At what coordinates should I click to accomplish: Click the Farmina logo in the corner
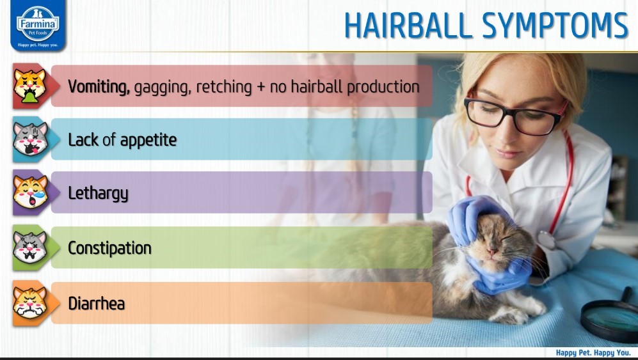click(x=38, y=25)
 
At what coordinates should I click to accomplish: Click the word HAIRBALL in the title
click(x=408, y=26)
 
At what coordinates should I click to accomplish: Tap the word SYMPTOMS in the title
click(x=555, y=26)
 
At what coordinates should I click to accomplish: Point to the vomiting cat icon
click(x=29, y=86)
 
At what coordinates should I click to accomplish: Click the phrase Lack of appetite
click(x=122, y=140)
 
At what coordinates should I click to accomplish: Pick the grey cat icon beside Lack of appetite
click(x=30, y=139)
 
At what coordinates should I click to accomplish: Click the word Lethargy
click(x=98, y=194)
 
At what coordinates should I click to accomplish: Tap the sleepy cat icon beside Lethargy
click(x=30, y=192)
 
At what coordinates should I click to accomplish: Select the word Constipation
click(x=109, y=248)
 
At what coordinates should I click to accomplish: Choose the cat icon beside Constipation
click(x=30, y=247)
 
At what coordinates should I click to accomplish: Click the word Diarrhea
click(x=97, y=304)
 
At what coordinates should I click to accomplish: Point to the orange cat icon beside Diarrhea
click(x=30, y=302)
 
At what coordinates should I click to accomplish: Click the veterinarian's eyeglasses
click(x=514, y=115)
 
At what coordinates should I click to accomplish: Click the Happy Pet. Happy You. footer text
click(x=593, y=353)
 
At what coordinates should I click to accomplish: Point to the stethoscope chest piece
click(x=546, y=240)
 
